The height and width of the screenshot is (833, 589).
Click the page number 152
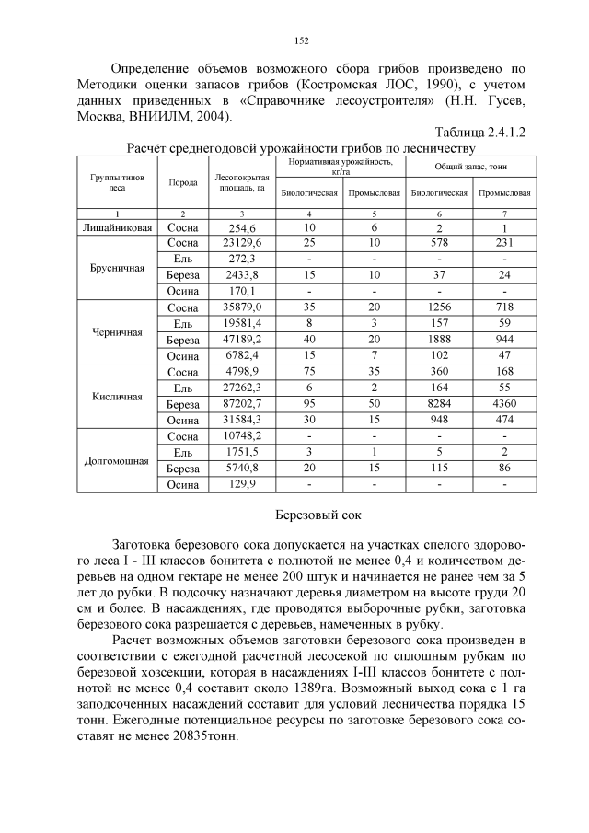pos(300,40)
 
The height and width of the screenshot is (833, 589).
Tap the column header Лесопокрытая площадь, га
pos(240,182)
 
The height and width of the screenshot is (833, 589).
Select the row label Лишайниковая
pos(118,227)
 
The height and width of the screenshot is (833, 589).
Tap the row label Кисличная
pos(118,398)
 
